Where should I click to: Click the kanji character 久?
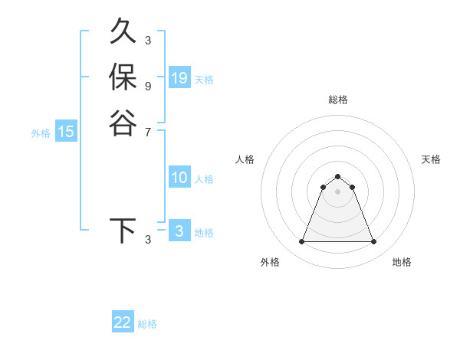point(123,32)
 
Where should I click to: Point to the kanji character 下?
point(123,231)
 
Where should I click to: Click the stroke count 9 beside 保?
point(147,86)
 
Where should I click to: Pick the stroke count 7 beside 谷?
point(147,132)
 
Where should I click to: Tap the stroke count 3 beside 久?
point(147,40)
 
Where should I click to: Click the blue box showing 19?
point(179,78)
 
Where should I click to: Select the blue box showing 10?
point(179,178)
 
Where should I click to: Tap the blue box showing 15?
point(67,132)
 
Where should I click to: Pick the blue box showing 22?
point(123,322)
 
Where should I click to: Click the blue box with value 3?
point(179,231)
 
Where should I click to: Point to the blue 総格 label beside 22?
point(147,324)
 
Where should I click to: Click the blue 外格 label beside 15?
point(41,133)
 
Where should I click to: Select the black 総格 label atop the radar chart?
point(337,100)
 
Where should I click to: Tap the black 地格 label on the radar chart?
point(402,262)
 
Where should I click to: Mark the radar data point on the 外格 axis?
point(301,242)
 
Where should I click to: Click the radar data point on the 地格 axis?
point(374,242)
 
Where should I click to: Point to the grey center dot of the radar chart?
point(337,191)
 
